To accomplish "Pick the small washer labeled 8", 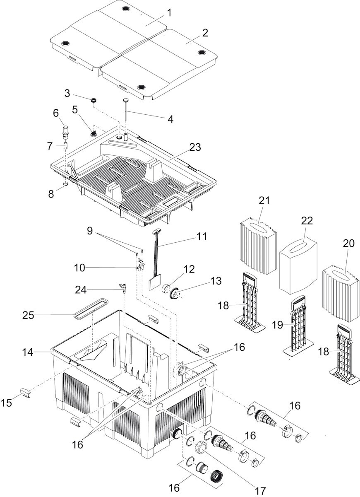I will pos(65,183).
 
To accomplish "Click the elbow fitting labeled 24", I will pos(122,287).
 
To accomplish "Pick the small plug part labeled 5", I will pos(94,133).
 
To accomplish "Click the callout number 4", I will pos(169,119).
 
